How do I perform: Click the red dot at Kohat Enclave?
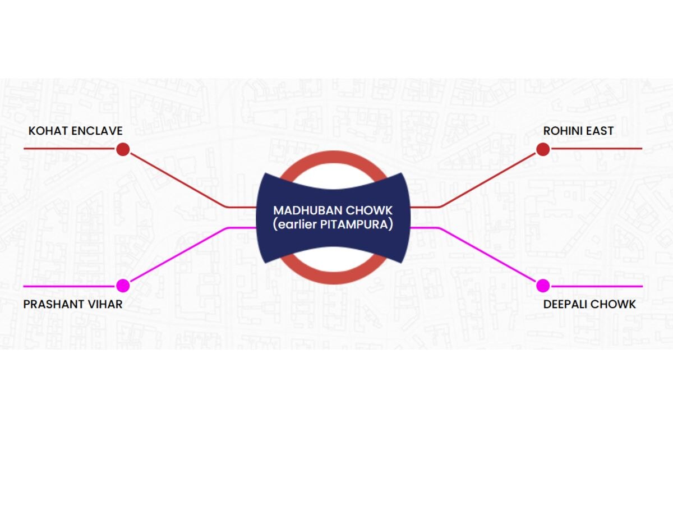tap(123, 149)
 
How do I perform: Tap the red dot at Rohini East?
tap(543, 149)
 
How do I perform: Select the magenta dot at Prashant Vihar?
tap(123, 286)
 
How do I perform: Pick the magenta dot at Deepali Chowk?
tap(543, 286)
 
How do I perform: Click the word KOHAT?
tap(48, 131)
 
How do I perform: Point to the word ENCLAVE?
tap(97, 131)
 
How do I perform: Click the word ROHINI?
tap(562, 131)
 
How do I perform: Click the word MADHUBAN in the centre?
tap(308, 210)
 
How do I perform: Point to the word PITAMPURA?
tap(354, 224)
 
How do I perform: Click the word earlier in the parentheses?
tap(297, 224)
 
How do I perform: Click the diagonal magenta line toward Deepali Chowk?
tap(487, 255)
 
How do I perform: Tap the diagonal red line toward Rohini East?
tap(487, 180)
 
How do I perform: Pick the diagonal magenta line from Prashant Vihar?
tap(179, 255)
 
